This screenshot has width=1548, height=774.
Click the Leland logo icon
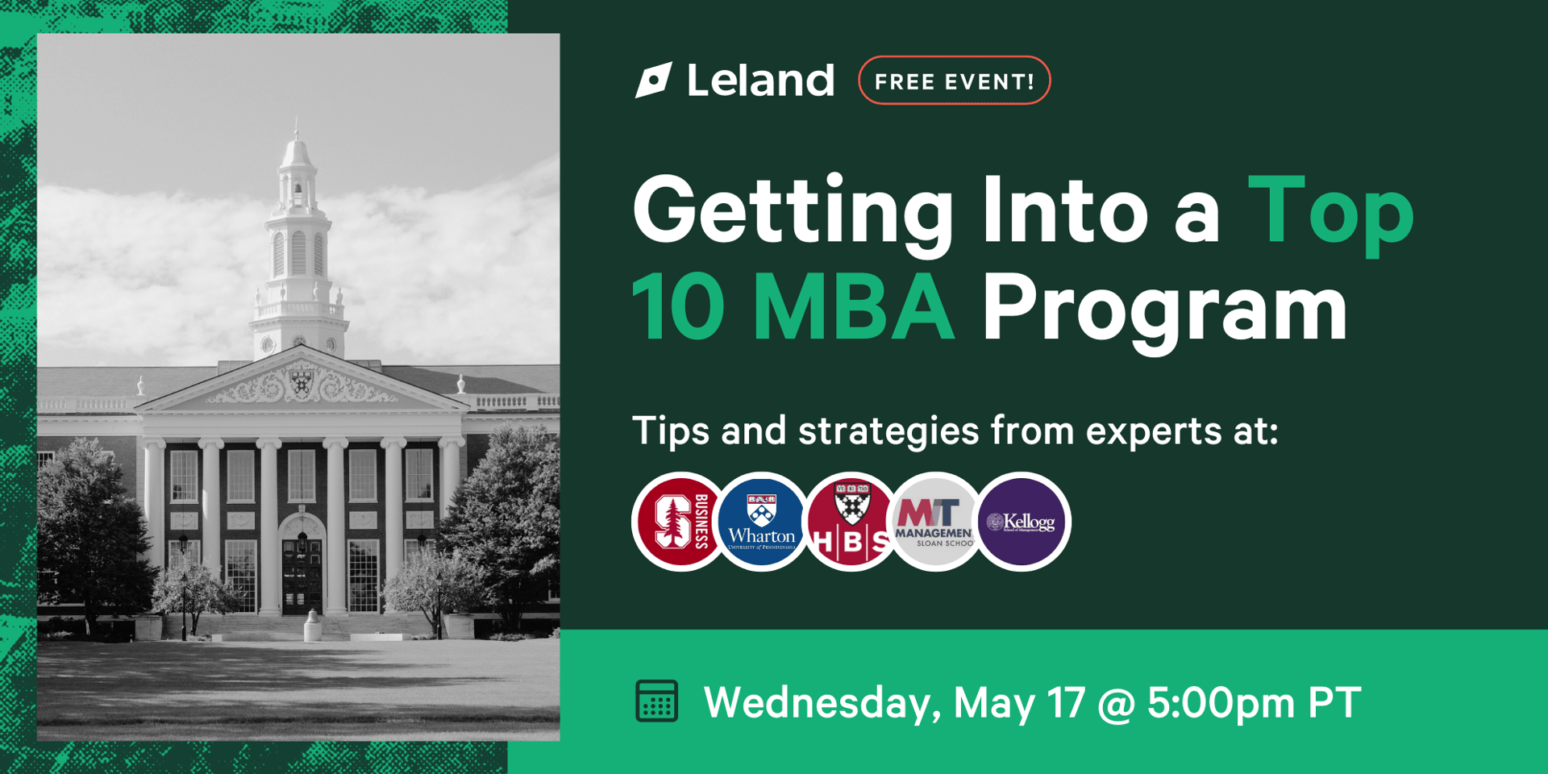click(x=653, y=80)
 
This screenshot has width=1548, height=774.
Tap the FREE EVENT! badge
click(x=954, y=81)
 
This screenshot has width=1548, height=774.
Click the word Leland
click(x=760, y=81)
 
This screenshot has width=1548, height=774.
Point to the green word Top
click(x=1330, y=211)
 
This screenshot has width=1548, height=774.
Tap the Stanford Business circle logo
click(x=679, y=522)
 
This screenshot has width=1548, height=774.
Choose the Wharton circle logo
click(x=762, y=522)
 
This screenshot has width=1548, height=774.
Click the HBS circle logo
click(x=850, y=522)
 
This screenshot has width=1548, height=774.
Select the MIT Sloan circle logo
click(x=935, y=522)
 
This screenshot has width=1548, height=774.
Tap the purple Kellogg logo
click(x=1022, y=522)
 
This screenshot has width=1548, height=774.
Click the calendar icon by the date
click(x=656, y=701)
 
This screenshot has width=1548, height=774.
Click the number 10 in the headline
click(x=678, y=308)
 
